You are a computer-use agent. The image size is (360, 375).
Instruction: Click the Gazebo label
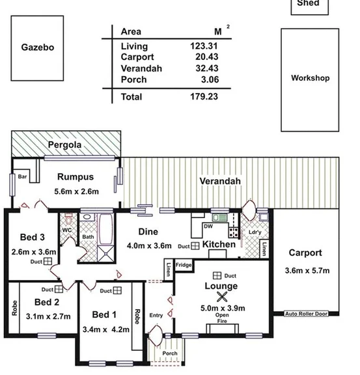(37, 48)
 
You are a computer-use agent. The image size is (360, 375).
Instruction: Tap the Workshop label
(310, 78)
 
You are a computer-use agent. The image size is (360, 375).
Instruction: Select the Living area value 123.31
(204, 46)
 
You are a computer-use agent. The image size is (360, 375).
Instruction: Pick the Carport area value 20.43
(204, 57)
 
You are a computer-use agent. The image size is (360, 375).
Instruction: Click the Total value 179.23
(204, 96)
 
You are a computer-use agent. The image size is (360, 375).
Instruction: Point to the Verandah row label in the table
(141, 68)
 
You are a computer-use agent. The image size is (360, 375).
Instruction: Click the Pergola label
(66, 145)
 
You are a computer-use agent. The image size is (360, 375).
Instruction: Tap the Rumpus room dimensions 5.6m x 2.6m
(76, 191)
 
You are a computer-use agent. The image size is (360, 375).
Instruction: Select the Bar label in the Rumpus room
(21, 176)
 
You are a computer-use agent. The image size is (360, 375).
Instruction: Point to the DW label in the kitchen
(208, 227)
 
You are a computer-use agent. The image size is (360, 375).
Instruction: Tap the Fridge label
(184, 265)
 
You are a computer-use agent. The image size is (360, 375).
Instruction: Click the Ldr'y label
(255, 232)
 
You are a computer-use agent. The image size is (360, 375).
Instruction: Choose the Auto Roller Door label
(307, 314)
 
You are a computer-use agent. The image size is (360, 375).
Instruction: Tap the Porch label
(170, 354)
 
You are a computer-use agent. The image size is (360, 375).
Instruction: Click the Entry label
(156, 315)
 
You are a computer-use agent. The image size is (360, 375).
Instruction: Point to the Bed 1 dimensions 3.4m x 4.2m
(106, 329)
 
